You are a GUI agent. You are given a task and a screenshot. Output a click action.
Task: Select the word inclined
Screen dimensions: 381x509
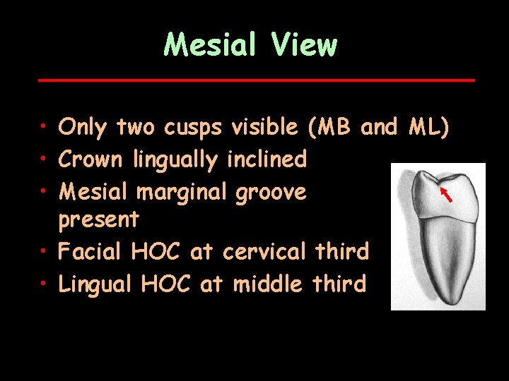pos(267,159)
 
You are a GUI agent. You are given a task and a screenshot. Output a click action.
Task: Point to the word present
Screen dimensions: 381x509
pos(98,220)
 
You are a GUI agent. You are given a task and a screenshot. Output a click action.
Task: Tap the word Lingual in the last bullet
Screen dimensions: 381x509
pos(95,284)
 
